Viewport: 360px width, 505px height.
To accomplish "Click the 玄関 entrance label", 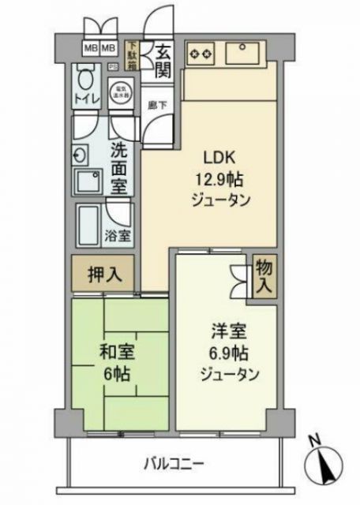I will pyautogui.click(x=163, y=61).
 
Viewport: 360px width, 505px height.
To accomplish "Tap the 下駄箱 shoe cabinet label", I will pyautogui.click(x=133, y=56).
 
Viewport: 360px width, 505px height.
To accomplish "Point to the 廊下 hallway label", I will pyautogui.click(x=155, y=104).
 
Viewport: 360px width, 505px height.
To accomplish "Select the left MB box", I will pyautogui.click(x=90, y=47).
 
